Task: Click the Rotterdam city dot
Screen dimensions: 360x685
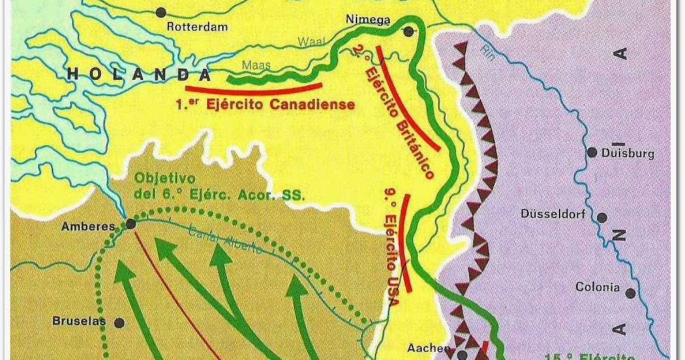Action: pyautogui.click(x=161, y=12)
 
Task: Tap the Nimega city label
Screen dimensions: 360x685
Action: pyautogui.click(x=368, y=20)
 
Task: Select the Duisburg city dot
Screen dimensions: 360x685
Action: pyautogui.click(x=592, y=152)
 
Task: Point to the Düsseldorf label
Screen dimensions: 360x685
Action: pyautogui.click(x=553, y=213)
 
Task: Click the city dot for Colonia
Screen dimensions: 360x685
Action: pyautogui.click(x=630, y=293)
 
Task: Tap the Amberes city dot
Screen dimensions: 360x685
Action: pyautogui.click(x=130, y=223)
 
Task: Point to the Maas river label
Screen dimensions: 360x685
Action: pyautogui.click(x=256, y=66)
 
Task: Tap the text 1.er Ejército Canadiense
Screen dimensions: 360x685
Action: pyautogui.click(x=264, y=104)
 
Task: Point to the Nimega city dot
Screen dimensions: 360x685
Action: pyautogui.click(x=408, y=31)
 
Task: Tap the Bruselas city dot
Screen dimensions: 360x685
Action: pyautogui.click(x=119, y=322)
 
